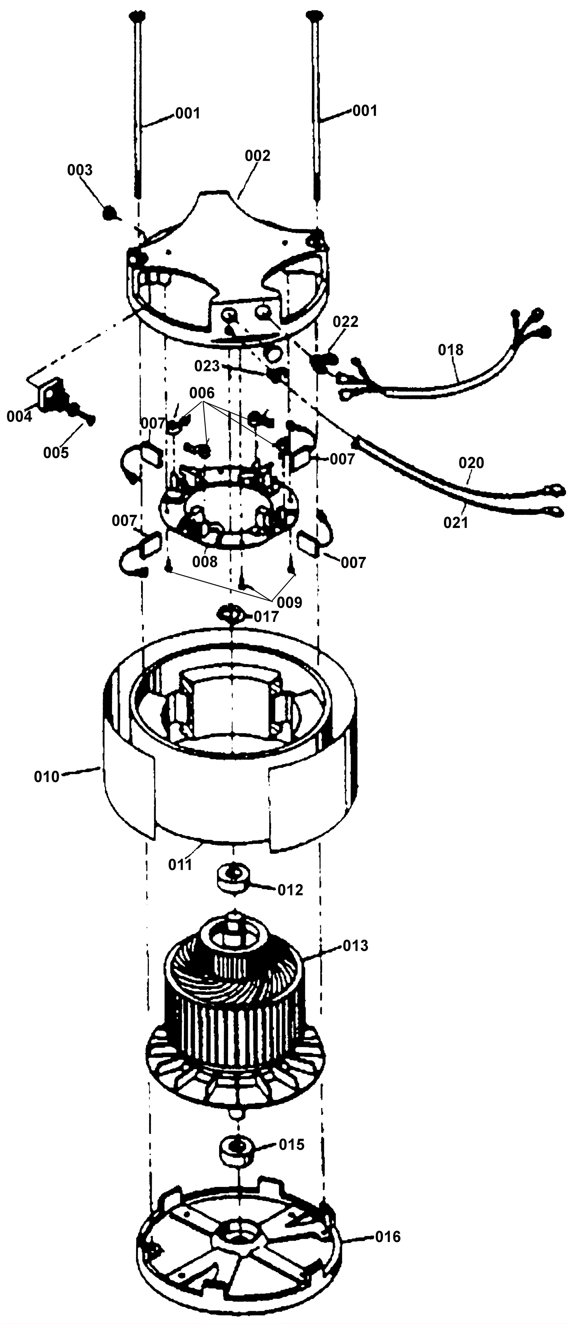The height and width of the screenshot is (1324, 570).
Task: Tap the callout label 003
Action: click(x=80, y=170)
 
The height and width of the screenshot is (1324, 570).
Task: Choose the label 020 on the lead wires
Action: click(x=471, y=463)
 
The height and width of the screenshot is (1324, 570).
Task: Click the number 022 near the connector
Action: click(x=346, y=322)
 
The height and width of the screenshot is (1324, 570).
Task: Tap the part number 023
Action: click(x=207, y=366)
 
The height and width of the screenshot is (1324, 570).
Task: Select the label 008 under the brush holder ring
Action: click(x=205, y=562)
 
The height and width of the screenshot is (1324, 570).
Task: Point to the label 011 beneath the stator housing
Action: click(x=180, y=864)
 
